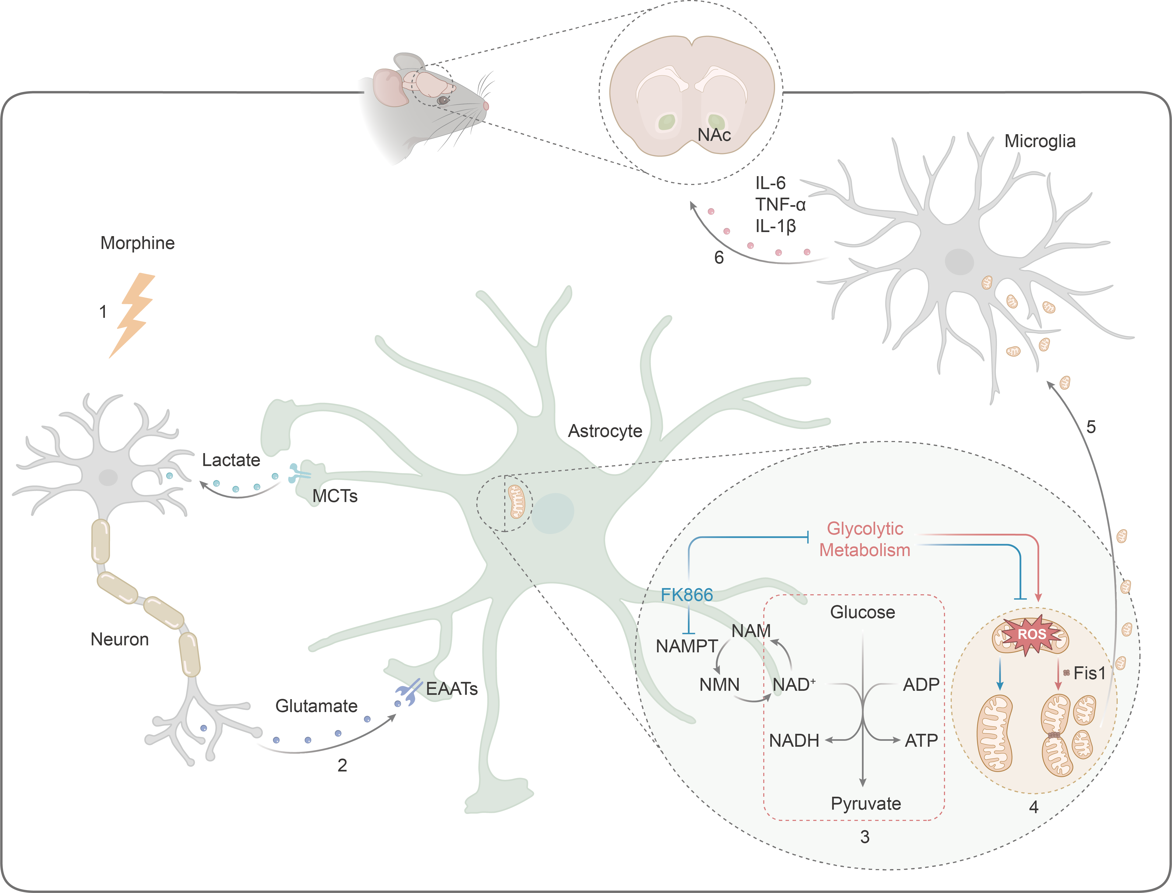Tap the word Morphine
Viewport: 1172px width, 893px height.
click(138, 243)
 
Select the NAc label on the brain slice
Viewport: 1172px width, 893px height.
click(714, 135)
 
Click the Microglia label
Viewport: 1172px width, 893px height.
click(1040, 141)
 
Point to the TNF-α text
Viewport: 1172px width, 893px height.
click(780, 205)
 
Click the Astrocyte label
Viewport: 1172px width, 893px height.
click(605, 431)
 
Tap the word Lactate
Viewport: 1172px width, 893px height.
click(231, 460)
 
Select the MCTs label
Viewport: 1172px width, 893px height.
click(335, 496)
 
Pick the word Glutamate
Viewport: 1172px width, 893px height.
click(316, 706)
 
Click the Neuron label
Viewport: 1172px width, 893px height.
click(120, 639)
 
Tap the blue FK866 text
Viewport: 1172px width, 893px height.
click(687, 595)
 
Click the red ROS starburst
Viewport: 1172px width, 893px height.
click(1031, 634)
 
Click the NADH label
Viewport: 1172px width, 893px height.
click(794, 741)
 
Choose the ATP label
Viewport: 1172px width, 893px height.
click(921, 741)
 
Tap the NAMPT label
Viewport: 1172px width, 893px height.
click(687, 646)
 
